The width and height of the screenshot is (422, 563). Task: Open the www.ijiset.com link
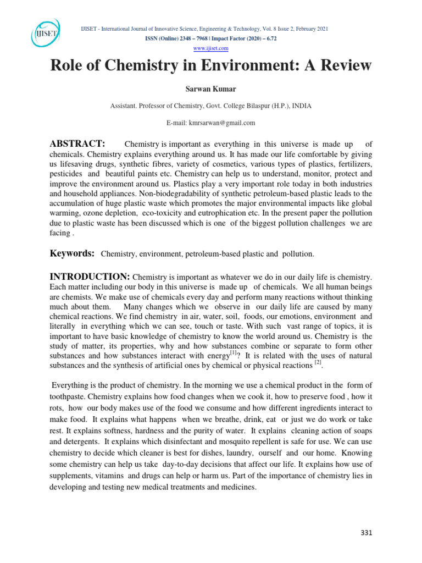pyautogui.click(x=210, y=48)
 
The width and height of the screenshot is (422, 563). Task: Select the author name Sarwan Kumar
pyautogui.click(x=210, y=89)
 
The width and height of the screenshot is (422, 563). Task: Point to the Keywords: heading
pyautogui.click(x=72, y=253)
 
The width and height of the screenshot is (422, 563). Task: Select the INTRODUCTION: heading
pyautogui.click(x=90, y=276)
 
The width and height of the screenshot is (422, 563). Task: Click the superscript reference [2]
pyautogui.click(x=317, y=363)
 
